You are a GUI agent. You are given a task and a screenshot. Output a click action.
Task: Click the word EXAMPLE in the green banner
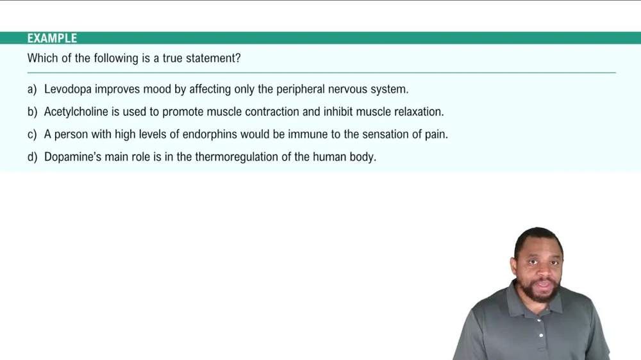click(52, 38)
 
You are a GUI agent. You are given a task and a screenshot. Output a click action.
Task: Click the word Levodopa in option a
click(67, 89)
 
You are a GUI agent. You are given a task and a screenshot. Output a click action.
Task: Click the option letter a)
click(33, 89)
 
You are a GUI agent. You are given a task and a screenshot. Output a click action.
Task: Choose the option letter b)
click(33, 112)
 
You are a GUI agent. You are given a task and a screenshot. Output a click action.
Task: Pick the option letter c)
click(33, 135)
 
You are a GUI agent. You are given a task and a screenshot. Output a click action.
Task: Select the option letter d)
click(33, 157)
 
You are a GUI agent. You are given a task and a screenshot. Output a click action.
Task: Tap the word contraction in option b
click(269, 112)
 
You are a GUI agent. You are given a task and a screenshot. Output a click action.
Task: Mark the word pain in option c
click(434, 135)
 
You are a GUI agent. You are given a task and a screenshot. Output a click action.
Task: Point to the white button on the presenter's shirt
click(542, 334)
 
